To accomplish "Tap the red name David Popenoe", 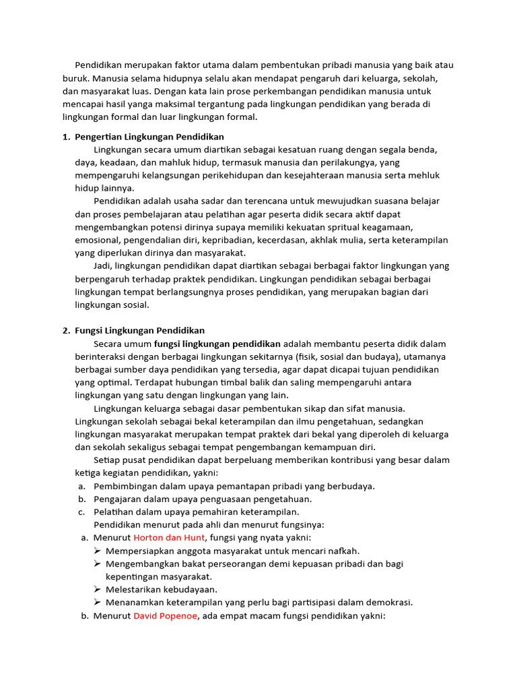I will click(166, 615).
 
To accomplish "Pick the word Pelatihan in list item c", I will click(111, 511).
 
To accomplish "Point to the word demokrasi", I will click(388, 602).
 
